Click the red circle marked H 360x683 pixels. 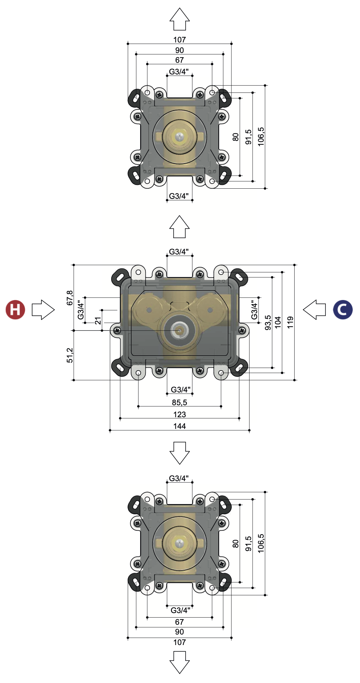coord(15,310)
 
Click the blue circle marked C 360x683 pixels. coord(343,310)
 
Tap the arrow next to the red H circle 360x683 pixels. coord(43,310)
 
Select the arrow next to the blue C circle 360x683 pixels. coord(315,310)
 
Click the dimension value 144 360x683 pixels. coord(180,426)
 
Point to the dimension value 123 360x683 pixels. coord(180,414)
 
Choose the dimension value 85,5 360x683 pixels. coord(180,402)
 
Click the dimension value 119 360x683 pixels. coord(290,322)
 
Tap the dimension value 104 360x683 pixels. coord(278,322)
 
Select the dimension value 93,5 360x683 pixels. coord(268,323)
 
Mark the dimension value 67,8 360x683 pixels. coord(70,298)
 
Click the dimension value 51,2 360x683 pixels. coord(70,355)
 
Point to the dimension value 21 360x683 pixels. coord(98,321)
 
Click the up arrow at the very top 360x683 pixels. coord(180,19)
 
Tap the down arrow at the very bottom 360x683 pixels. coord(180,662)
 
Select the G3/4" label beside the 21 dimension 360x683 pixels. coord(80,310)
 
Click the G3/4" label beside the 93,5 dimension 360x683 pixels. coord(254,310)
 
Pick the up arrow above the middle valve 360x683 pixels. coord(180,227)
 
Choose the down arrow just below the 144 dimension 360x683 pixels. coord(180,453)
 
